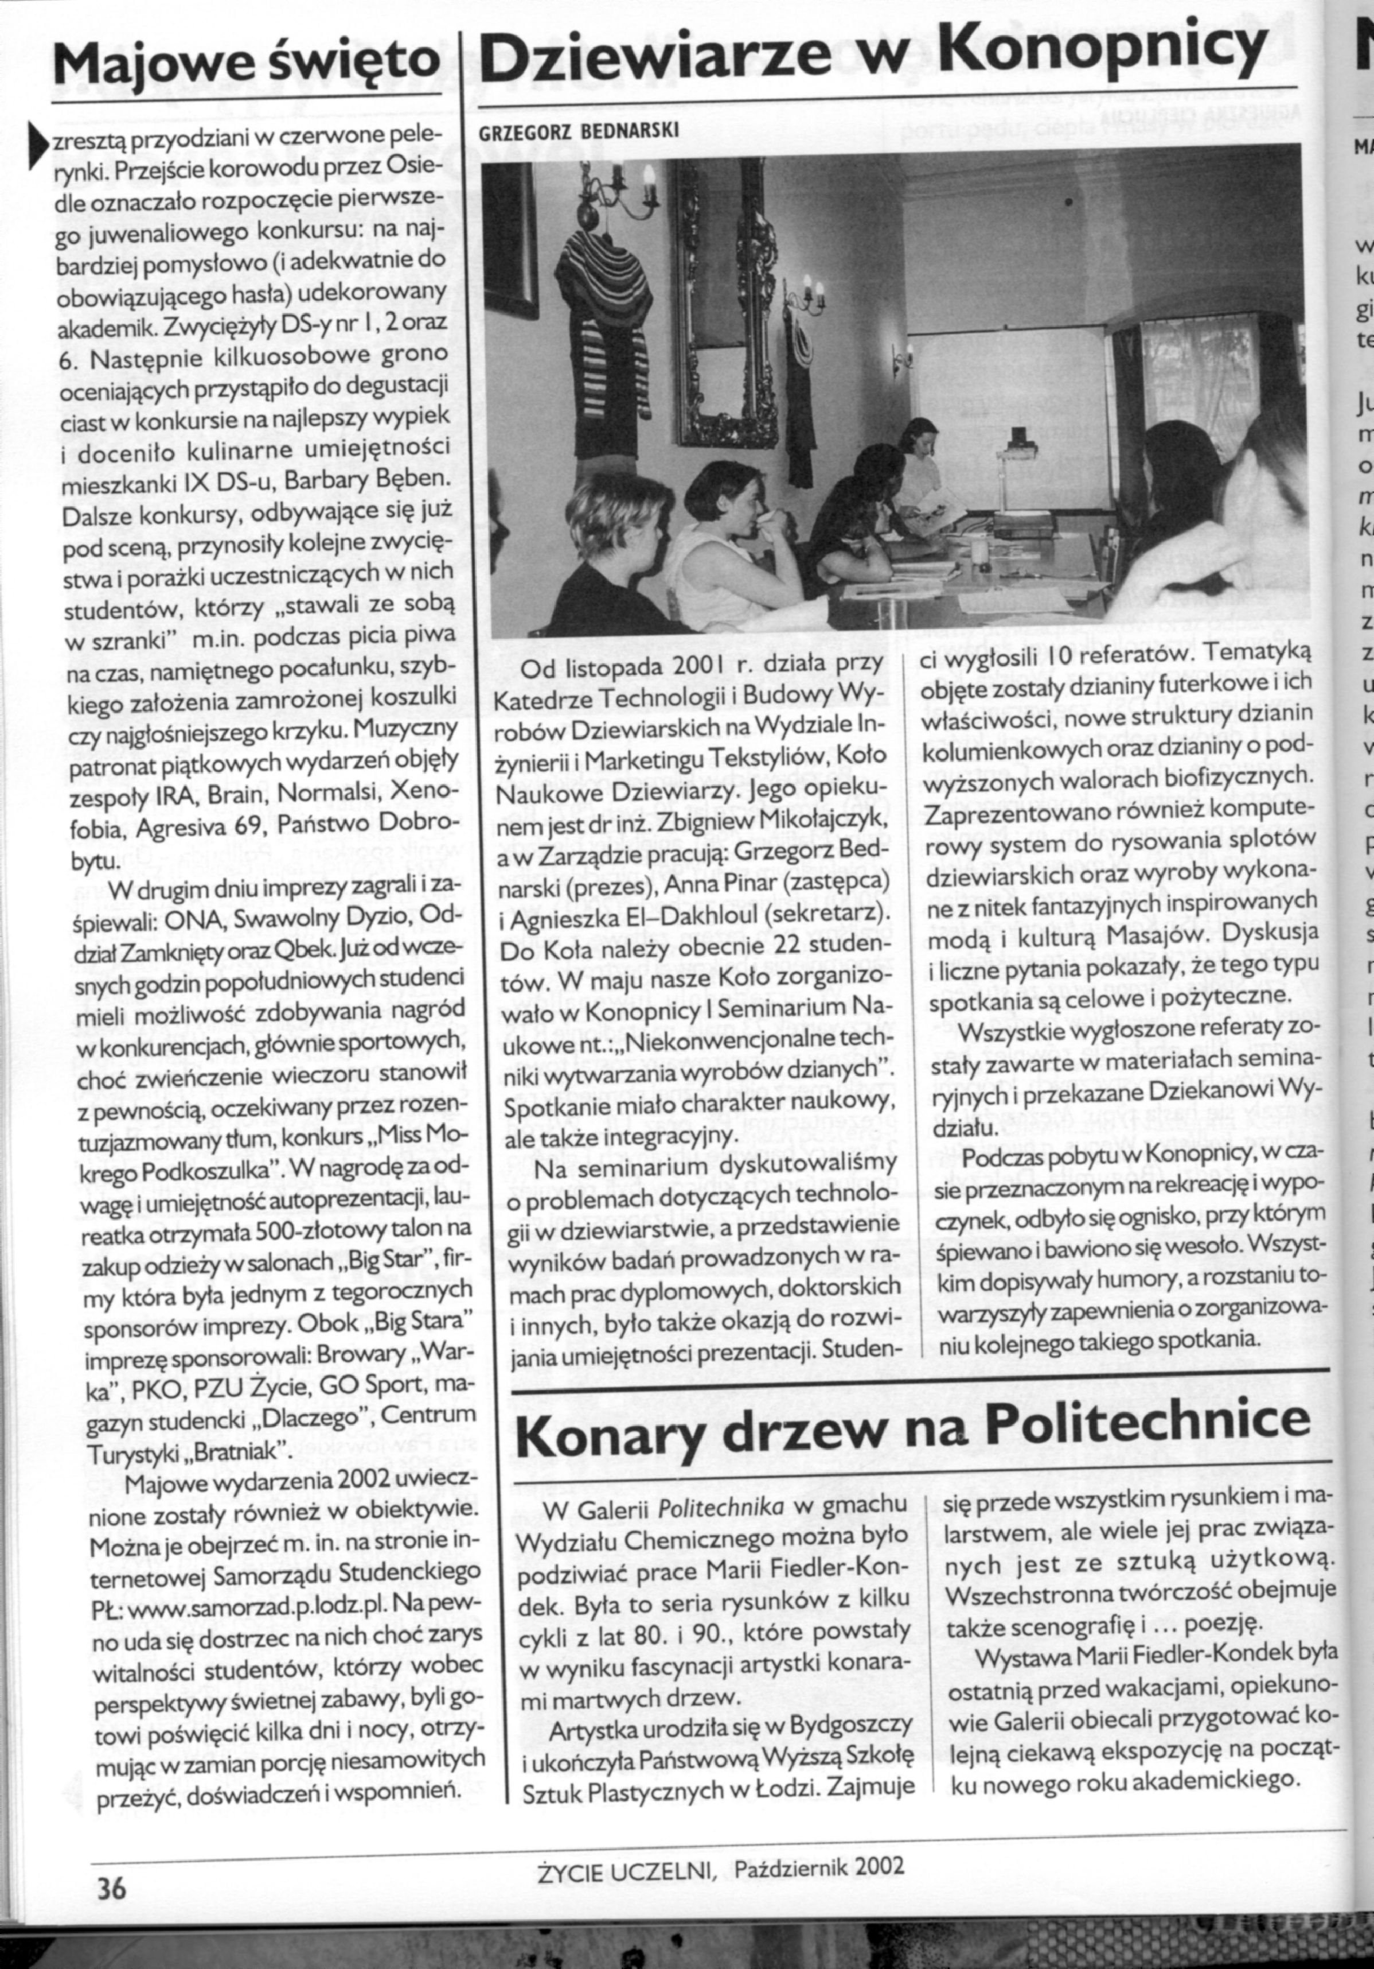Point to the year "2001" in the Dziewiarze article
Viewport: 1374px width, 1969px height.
click(x=678, y=667)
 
